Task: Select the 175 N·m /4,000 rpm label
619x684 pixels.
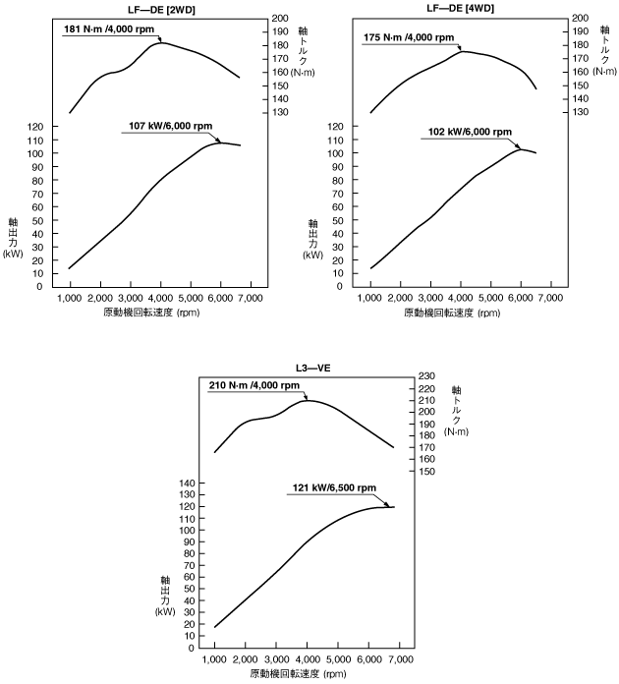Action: [x=411, y=38]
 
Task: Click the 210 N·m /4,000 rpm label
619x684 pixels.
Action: [x=254, y=385]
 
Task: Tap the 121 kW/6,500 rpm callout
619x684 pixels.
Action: [x=333, y=487]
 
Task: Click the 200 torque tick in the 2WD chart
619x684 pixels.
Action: [x=279, y=19]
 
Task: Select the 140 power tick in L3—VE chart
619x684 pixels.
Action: [x=190, y=484]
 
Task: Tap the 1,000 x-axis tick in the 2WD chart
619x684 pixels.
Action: [x=71, y=298]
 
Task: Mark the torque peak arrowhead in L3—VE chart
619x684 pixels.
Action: [x=306, y=399]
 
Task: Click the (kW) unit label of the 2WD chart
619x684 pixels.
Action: [x=13, y=254]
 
